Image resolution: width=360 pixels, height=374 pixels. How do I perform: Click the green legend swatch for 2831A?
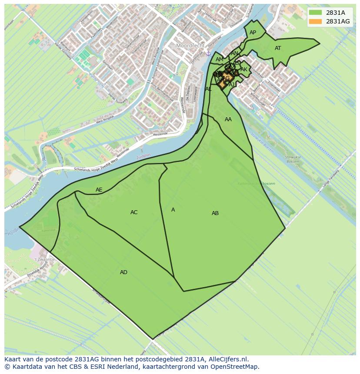point(316,13)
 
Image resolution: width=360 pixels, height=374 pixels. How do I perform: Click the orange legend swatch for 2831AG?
point(316,22)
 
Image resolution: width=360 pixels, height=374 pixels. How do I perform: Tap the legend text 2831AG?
point(338,22)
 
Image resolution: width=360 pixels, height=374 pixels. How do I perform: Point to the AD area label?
point(124,272)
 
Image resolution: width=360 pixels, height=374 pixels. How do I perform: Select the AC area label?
point(134,212)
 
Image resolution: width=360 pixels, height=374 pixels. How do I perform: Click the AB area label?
point(215,213)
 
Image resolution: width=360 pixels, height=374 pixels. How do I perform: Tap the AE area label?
point(99,190)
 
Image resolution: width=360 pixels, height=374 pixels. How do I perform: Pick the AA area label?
point(228,119)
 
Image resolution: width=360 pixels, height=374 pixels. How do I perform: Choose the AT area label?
point(278,48)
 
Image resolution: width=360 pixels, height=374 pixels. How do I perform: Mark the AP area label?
point(253,33)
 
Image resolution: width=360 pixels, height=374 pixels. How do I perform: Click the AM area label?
point(219,60)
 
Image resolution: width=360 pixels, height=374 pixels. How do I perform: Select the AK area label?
point(244,70)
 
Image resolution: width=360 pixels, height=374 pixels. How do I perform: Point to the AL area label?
point(208,89)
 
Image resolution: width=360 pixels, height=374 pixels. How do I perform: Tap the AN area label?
point(234,53)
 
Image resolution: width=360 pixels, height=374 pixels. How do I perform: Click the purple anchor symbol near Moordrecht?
point(208,53)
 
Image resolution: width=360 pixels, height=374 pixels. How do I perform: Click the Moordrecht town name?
point(190,46)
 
